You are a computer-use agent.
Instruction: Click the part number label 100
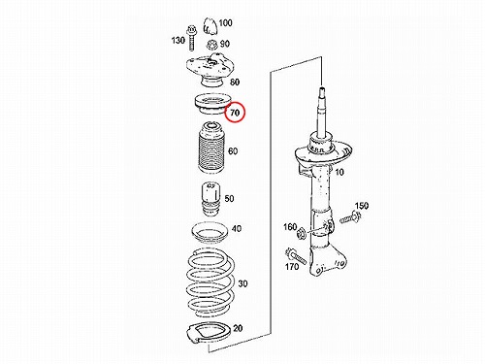point(225,23)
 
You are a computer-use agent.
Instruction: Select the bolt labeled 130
point(190,39)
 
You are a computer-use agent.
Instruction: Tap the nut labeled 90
point(211,44)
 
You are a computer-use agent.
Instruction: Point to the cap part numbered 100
point(210,26)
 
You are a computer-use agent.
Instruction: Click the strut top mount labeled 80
point(210,70)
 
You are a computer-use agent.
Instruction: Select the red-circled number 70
point(235,113)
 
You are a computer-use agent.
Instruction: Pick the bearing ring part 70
point(211,104)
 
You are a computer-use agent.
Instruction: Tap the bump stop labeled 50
point(211,200)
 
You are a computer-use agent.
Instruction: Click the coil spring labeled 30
point(211,283)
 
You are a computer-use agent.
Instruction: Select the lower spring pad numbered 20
point(209,334)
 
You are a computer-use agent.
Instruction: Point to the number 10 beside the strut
point(339,172)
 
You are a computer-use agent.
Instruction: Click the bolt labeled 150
point(350,217)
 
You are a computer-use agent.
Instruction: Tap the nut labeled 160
point(301,233)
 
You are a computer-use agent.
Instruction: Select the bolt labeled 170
point(295,255)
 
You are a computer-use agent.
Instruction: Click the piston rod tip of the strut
point(322,89)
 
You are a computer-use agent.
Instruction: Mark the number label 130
point(178,41)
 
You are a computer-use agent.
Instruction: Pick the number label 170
point(292,266)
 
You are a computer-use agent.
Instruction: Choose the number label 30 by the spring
point(242,283)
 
